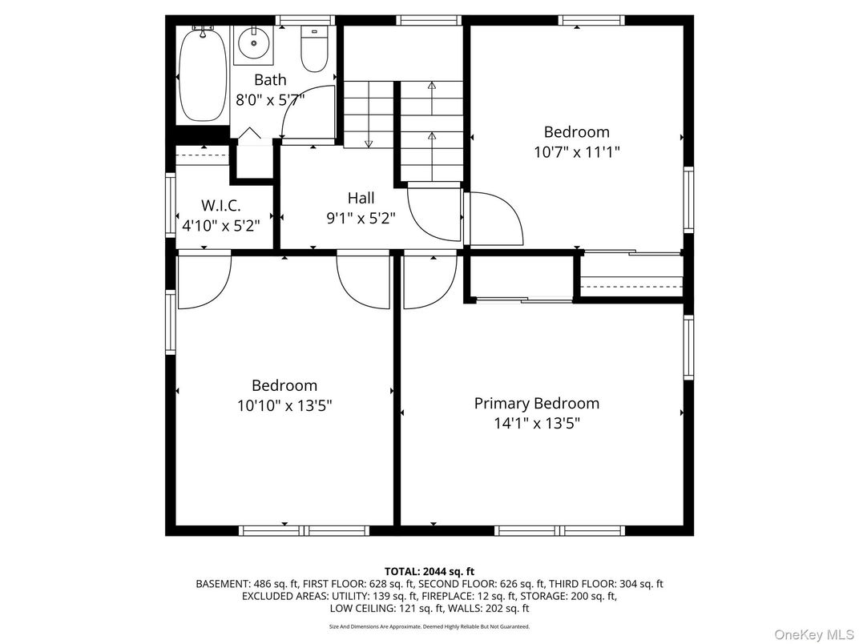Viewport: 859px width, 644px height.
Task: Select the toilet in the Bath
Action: click(x=313, y=50)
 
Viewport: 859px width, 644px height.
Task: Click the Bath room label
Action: click(x=270, y=80)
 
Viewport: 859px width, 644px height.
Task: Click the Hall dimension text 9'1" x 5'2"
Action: click(x=361, y=217)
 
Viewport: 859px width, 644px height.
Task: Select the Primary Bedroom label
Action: click(x=536, y=403)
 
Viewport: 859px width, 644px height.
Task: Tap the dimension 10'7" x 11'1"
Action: click(x=576, y=151)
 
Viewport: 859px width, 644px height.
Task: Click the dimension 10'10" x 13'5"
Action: click(x=284, y=405)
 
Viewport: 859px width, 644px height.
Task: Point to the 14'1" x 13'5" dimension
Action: click(x=536, y=423)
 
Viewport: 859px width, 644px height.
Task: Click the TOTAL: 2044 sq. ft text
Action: click(x=429, y=571)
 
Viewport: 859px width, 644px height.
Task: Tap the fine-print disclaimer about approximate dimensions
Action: click(x=429, y=626)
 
